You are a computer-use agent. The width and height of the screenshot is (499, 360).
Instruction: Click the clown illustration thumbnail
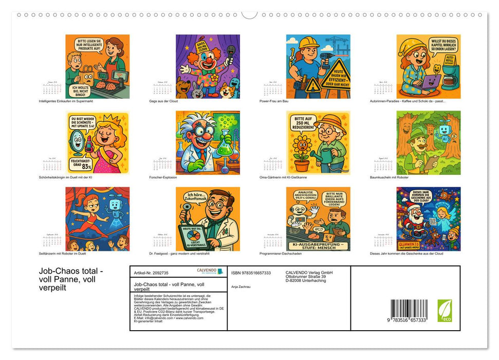(208, 66)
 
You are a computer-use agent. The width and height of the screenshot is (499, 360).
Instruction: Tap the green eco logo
(445, 311)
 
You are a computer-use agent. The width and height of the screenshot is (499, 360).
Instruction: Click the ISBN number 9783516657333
(251, 273)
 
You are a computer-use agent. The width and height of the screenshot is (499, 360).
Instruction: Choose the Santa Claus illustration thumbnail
(429, 219)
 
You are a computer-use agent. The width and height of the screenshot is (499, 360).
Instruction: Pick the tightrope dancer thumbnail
(98, 219)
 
